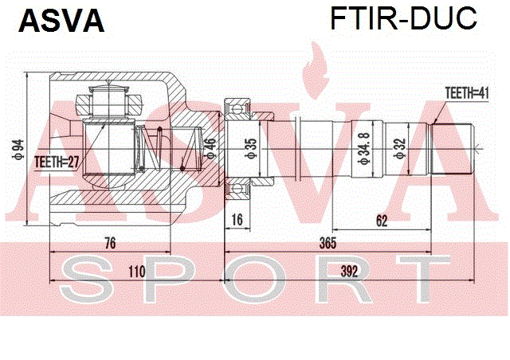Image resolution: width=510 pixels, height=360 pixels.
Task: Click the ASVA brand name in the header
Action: coord(62,21)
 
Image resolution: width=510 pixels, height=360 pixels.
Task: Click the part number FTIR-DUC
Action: coord(404,18)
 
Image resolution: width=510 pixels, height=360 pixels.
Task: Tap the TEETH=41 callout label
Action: coord(467,93)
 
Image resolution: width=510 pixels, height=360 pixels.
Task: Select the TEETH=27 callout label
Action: coord(57,162)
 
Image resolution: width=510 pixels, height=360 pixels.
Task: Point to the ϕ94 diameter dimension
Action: coord(18,150)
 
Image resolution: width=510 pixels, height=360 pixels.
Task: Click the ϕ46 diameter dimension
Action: coord(210,148)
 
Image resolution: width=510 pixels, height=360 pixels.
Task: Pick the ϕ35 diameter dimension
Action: coord(251,148)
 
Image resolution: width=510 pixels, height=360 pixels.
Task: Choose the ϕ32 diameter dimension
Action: coord(400,148)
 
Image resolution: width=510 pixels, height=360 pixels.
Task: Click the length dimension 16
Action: coord(237,220)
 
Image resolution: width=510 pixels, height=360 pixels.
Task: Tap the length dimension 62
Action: coord(382,221)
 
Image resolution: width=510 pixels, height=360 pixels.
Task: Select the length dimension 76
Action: coord(110,243)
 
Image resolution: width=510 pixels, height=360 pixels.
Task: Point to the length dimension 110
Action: coord(136,272)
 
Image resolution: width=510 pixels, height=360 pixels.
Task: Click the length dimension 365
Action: coord(328,243)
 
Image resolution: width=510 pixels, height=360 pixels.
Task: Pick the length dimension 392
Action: coord(349,271)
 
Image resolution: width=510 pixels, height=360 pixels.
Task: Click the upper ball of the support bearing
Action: coord(237,108)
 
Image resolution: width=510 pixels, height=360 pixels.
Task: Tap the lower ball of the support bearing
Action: coord(237,188)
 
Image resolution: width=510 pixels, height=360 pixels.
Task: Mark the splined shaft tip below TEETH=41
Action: coord(452,149)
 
